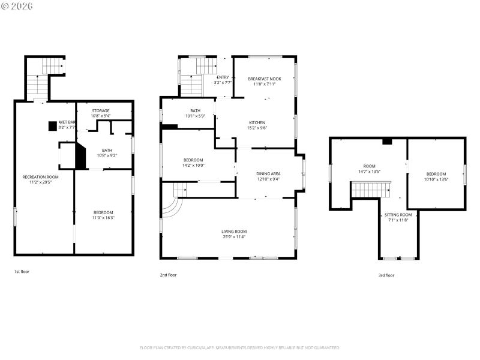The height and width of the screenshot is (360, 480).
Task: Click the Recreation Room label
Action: coord(41,176)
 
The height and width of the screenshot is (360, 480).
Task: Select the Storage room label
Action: coord(100,110)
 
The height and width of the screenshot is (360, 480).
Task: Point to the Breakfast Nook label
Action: coord(264,79)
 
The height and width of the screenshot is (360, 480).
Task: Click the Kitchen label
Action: coord(257,122)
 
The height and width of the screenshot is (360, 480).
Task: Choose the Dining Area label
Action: coord(268,173)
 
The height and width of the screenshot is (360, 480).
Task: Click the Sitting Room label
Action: coord(398,215)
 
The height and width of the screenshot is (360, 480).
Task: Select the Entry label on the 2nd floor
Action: coord(223,77)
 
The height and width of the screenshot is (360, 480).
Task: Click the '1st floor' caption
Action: coord(22,272)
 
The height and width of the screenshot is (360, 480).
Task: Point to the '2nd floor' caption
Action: coord(168,275)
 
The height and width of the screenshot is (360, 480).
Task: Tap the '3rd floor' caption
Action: coord(386,275)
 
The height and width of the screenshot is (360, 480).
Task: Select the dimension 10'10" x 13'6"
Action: coord(436,179)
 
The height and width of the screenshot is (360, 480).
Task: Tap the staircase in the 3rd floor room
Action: coord(370,190)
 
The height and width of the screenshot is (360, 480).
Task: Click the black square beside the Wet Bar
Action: coord(52,125)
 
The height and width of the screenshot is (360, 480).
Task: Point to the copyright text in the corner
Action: coord(17,6)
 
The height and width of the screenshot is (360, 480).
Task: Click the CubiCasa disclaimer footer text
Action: coord(239,347)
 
